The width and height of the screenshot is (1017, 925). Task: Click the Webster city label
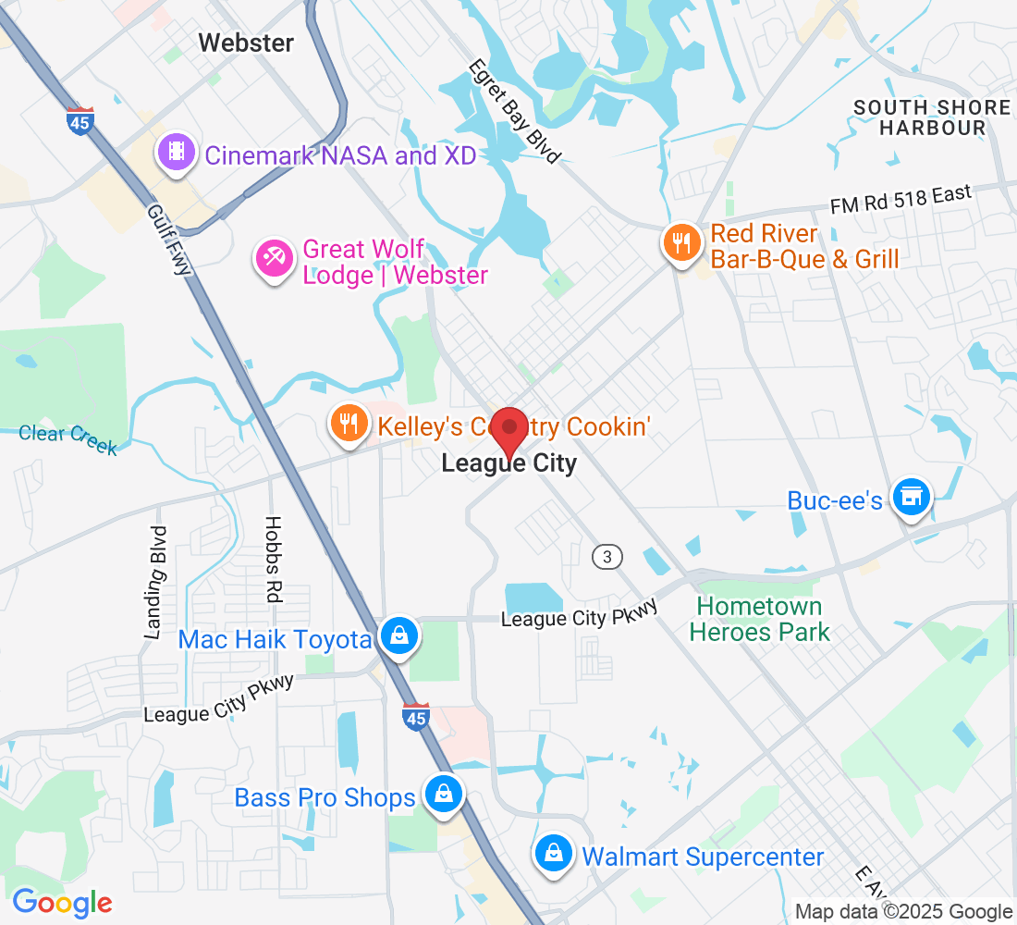(x=246, y=43)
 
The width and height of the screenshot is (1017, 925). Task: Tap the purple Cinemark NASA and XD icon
(x=177, y=152)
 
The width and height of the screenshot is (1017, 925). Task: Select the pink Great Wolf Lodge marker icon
(x=275, y=259)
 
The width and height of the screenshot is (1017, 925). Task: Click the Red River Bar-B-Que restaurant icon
(x=681, y=243)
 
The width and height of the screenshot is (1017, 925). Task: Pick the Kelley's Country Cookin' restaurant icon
(x=349, y=424)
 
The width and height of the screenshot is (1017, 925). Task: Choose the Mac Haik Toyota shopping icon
(x=398, y=636)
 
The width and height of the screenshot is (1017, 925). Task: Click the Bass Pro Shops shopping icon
(x=443, y=795)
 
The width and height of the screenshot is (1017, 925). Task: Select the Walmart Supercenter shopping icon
(x=553, y=854)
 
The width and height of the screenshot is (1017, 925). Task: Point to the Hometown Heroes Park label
(x=759, y=620)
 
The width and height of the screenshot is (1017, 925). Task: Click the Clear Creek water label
(x=68, y=438)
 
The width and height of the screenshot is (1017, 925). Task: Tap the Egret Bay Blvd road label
(x=514, y=112)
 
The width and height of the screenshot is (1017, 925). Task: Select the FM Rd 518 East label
(x=901, y=200)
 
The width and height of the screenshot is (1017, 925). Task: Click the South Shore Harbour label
(x=932, y=117)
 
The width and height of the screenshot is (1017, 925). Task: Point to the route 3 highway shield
(x=607, y=556)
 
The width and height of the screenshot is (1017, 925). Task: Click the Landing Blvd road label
(x=157, y=583)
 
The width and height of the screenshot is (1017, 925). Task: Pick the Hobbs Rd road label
(x=272, y=560)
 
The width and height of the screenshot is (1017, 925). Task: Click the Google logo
(x=62, y=902)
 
